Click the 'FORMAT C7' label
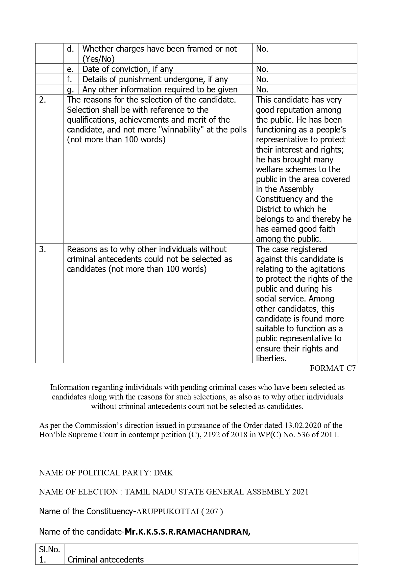click(x=332, y=368)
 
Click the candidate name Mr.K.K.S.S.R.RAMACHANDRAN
click(x=187, y=532)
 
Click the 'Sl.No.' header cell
click(x=49, y=549)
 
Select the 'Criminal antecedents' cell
click(x=106, y=559)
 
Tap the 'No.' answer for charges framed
click(x=262, y=49)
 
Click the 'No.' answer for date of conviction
click(x=262, y=69)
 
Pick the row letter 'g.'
click(x=70, y=89)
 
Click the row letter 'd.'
click(x=70, y=49)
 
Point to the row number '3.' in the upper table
click(x=42, y=249)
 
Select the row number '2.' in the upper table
click(x=42, y=100)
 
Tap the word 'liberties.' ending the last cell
click(x=271, y=358)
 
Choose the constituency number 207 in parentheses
click(x=212, y=512)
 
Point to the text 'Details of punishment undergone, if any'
click(x=155, y=79)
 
